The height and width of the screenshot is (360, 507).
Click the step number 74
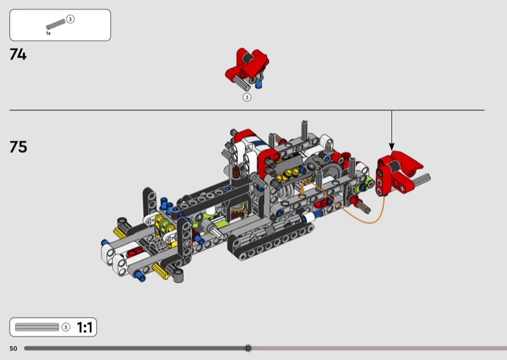pyautogui.click(x=18, y=55)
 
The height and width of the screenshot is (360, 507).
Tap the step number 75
pyautogui.click(x=18, y=147)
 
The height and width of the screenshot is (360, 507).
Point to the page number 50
pyautogui.click(x=13, y=349)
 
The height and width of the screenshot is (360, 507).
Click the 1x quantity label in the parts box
pyautogui.click(x=48, y=34)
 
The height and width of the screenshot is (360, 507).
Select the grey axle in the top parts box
pyautogui.click(x=56, y=24)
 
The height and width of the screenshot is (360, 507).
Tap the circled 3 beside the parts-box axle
pyautogui.click(x=70, y=20)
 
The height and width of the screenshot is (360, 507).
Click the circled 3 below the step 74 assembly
pyautogui.click(x=247, y=97)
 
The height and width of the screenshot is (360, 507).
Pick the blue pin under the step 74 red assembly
pyautogui.click(x=259, y=84)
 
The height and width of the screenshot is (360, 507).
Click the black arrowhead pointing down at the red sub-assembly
pyautogui.click(x=392, y=146)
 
